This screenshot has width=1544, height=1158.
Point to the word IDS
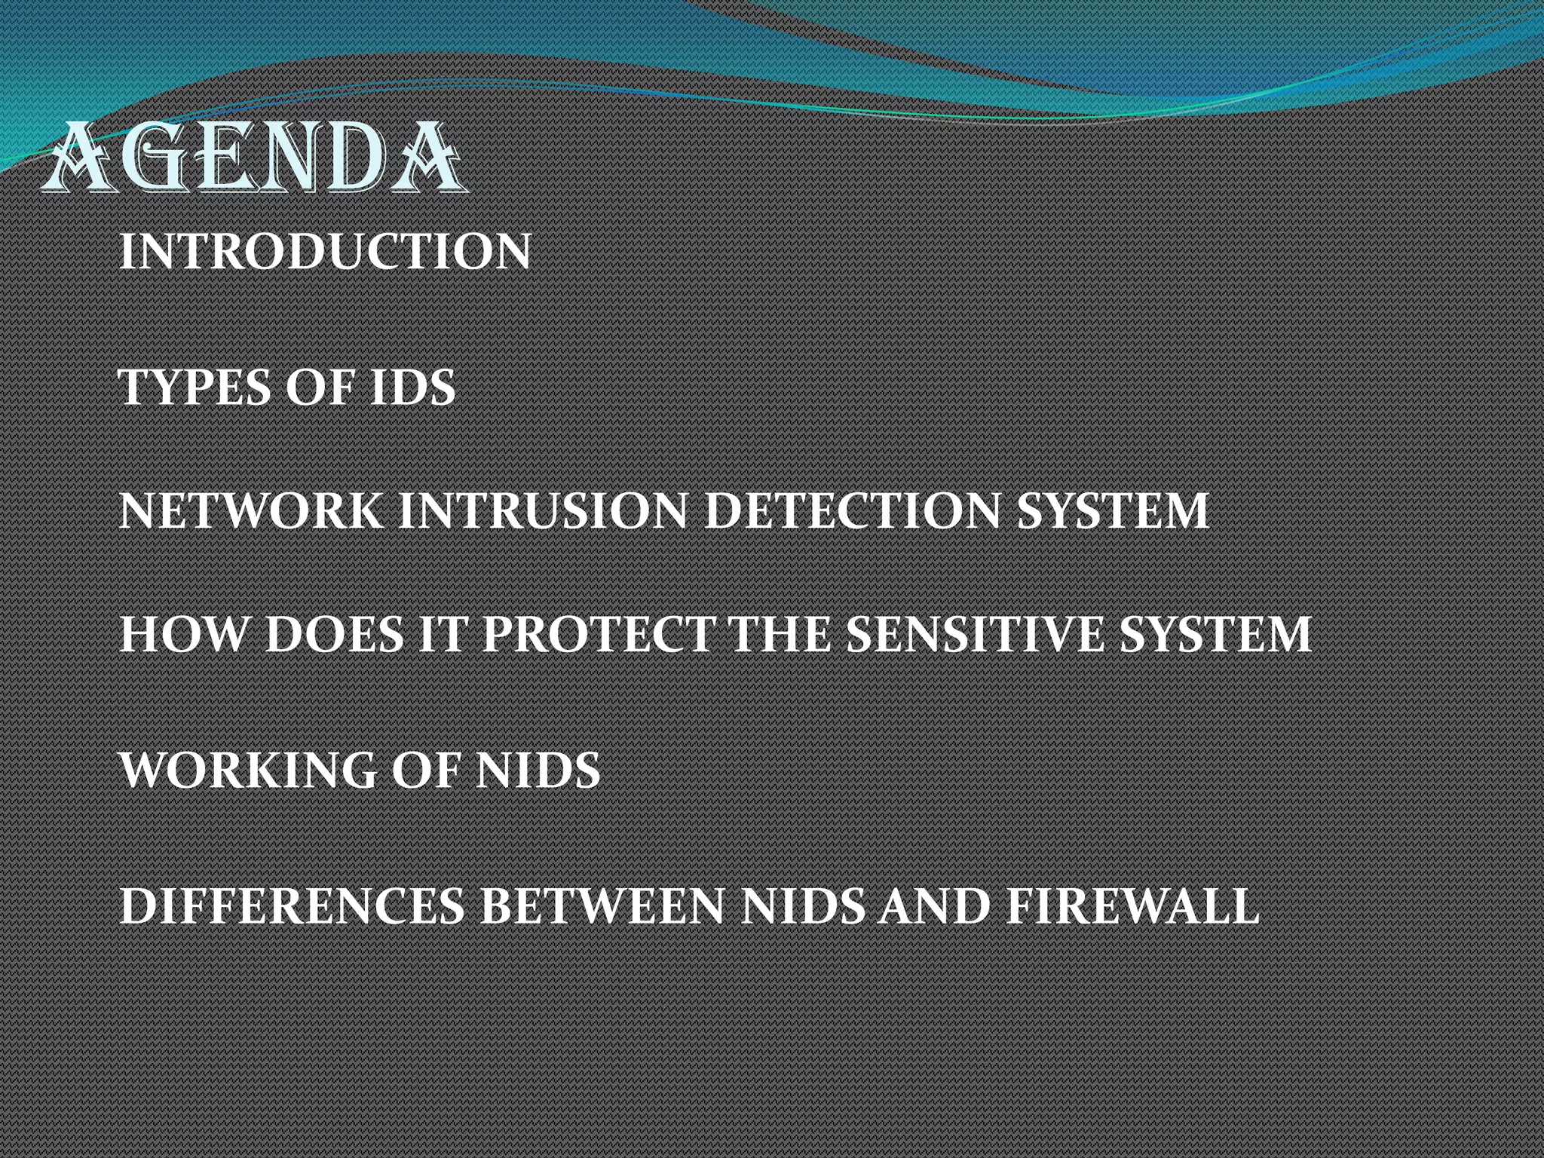click(412, 388)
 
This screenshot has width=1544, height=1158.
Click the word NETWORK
click(251, 510)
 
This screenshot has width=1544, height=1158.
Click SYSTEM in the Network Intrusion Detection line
click(1113, 510)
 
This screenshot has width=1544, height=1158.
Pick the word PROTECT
click(599, 634)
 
